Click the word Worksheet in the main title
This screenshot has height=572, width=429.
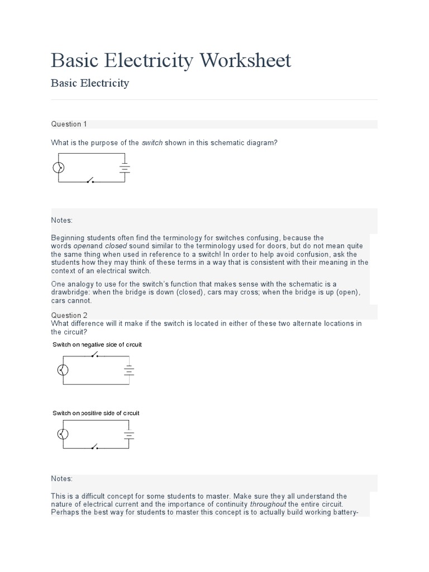pos(244,60)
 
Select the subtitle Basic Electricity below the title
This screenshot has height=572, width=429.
pos(90,83)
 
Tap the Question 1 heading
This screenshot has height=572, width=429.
pos(69,124)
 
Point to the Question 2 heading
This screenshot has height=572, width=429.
pos(69,315)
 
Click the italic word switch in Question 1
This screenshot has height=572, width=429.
pos(152,143)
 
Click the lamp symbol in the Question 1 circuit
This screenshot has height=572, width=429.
pos(58,168)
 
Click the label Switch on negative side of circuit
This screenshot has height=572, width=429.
pos(97,345)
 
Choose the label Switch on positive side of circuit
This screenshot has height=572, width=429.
pos(96,413)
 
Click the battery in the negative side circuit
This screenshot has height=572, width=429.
pos(129,369)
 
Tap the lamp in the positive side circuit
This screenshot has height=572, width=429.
pos(63,434)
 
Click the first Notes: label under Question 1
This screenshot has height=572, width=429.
pos(62,221)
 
